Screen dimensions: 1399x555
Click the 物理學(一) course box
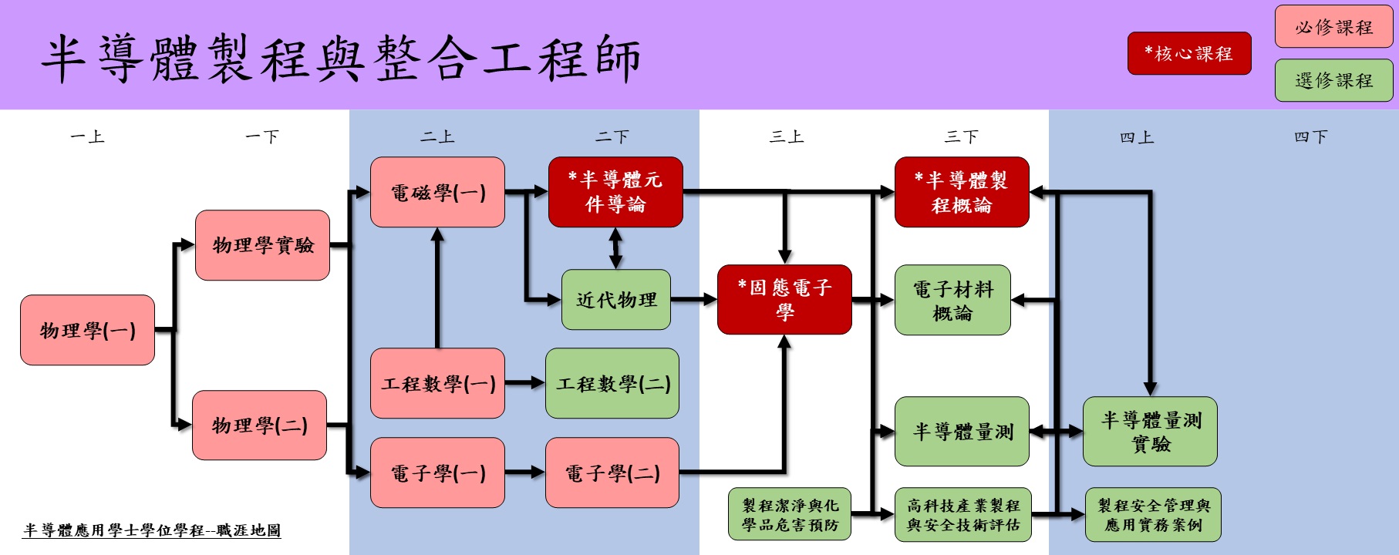pyautogui.click(x=87, y=330)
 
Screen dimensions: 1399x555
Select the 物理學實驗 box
pyautogui.click(x=262, y=245)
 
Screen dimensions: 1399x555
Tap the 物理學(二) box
pyautogui.click(x=259, y=425)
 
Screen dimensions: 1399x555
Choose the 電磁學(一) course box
pyautogui.click(x=437, y=192)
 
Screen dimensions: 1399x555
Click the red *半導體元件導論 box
pyautogui.click(x=615, y=192)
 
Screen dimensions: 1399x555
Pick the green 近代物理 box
pyautogui.click(x=616, y=300)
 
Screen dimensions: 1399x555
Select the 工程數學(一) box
pyautogui.click(x=437, y=383)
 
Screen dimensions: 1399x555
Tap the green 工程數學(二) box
pyautogui.click(x=612, y=383)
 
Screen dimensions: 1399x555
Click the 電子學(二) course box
pyautogui.click(x=612, y=473)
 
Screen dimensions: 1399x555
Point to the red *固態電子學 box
pyautogui.click(x=784, y=300)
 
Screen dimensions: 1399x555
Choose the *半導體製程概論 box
pyautogui.click(x=962, y=192)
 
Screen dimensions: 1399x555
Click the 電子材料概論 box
pyautogui.click(x=952, y=300)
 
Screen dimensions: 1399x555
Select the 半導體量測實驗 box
pyautogui.click(x=1150, y=432)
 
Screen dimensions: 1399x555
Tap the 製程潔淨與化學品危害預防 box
pyautogui.click(x=790, y=514)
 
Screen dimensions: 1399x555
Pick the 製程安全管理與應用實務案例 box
pyautogui.click(x=1153, y=514)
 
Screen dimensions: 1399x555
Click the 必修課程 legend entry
pyautogui.click(x=1333, y=27)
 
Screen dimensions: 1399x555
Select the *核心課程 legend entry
pyautogui.click(x=1189, y=53)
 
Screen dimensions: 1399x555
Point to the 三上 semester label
pyautogui.click(x=787, y=137)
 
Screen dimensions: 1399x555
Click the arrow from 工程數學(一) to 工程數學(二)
pyautogui.click(x=524, y=382)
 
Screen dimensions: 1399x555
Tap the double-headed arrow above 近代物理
pyautogui.click(x=615, y=248)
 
